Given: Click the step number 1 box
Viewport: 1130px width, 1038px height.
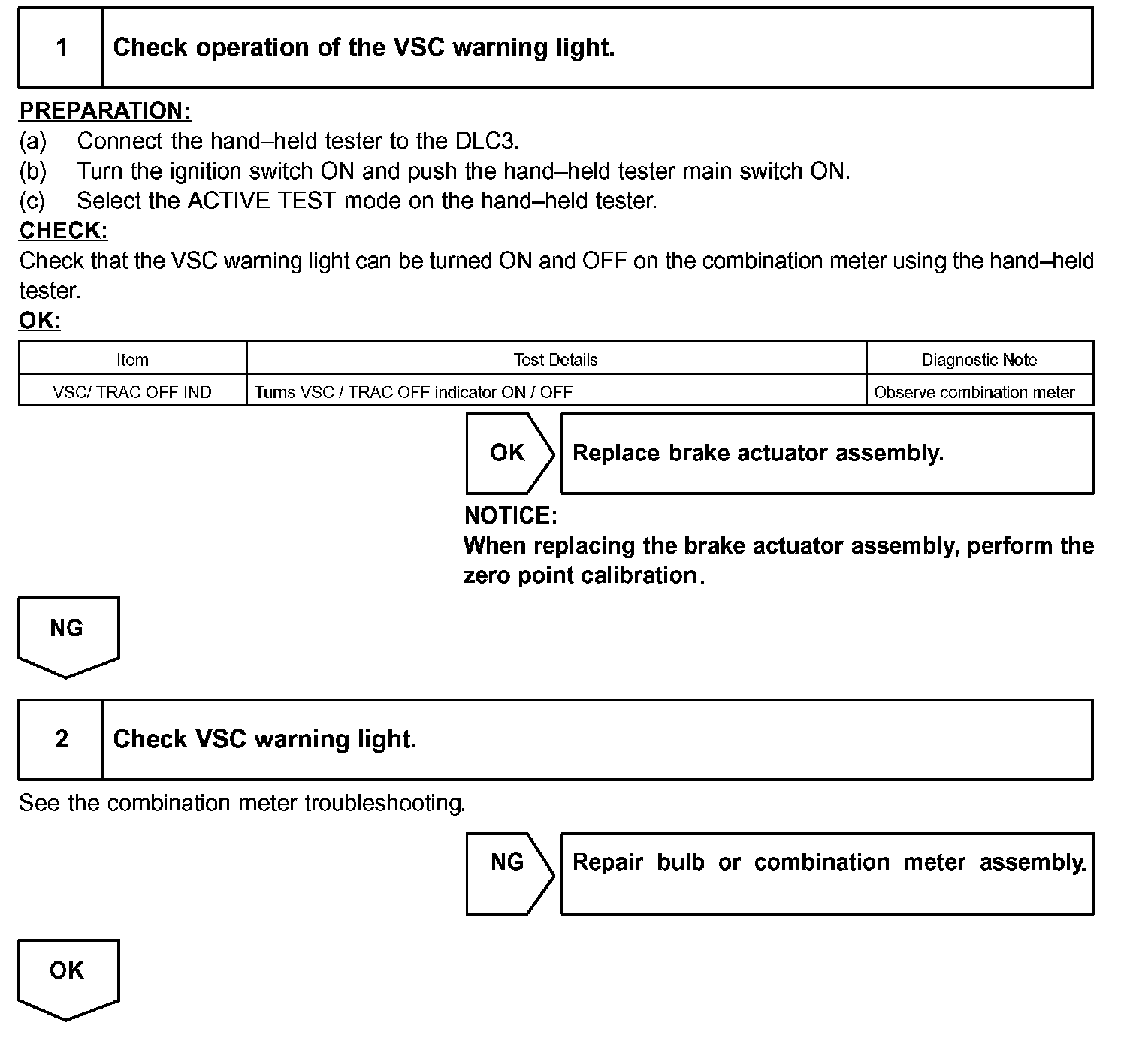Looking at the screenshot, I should click(x=61, y=48).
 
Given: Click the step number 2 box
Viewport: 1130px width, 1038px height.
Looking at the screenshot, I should click(x=61, y=740).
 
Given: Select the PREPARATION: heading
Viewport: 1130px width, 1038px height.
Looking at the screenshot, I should click(x=105, y=111).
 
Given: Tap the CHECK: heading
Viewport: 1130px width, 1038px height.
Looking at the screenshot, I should click(x=64, y=231).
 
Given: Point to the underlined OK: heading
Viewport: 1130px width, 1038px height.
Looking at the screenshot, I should click(x=40, y=321).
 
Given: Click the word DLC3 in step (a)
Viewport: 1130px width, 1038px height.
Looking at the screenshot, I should click(x=486, y=141).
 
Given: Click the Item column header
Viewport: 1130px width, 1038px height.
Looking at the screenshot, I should click(x=132, y=360).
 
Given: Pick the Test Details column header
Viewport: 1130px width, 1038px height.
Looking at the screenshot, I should click(x=555, y=360).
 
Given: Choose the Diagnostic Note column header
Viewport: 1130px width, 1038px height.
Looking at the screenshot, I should click(x=979, y=360).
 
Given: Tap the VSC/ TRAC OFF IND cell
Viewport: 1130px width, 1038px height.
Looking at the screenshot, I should click(x=132, y=392).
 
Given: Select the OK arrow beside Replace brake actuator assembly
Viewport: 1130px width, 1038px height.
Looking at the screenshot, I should click(x=509, y=453).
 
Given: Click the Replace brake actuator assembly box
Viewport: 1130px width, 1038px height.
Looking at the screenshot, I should click(x=826, y=453).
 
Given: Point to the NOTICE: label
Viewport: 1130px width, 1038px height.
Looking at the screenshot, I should click(x=511, y=516).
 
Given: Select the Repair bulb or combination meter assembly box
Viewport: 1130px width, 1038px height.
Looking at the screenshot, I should click(x=826, y=873).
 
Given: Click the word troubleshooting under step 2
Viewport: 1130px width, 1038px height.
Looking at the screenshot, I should click(x=385, y=804).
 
